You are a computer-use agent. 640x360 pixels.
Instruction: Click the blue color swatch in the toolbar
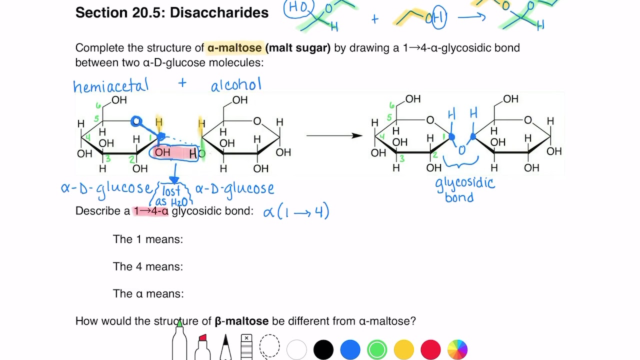(x=350, y=349)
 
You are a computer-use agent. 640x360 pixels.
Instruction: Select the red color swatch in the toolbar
(x=430, y=349)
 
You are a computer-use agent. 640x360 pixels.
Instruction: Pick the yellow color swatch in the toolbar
(x=403, y=349)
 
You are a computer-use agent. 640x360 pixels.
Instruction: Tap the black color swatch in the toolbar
(x=323, y=349)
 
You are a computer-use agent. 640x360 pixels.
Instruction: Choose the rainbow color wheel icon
(x=457, y=349)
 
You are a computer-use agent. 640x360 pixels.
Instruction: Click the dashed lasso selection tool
(x=269, y=346)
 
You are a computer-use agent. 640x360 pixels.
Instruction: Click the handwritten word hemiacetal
(x=110, y=86)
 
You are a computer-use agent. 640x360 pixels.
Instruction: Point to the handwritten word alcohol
(x=236, y=85)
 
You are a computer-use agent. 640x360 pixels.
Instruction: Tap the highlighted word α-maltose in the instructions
(x=234, y=48)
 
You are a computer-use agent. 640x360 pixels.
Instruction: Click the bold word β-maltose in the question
(x=241, y=321)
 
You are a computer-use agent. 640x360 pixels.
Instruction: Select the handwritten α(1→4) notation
(x=296, y=211)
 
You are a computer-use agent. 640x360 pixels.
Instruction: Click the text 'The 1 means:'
(x=148, y=239)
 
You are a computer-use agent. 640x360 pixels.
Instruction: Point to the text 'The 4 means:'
(x=148, y=266)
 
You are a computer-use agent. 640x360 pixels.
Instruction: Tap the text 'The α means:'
(x=148, y=293)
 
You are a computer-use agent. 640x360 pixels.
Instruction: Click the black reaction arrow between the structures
(x=334, y=135)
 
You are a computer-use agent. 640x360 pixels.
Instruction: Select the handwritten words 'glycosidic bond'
(x=464, y=189)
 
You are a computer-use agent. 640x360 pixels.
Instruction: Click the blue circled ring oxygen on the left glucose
(x=136, y=121)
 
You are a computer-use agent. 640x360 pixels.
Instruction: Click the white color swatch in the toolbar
(x=296, y=349)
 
